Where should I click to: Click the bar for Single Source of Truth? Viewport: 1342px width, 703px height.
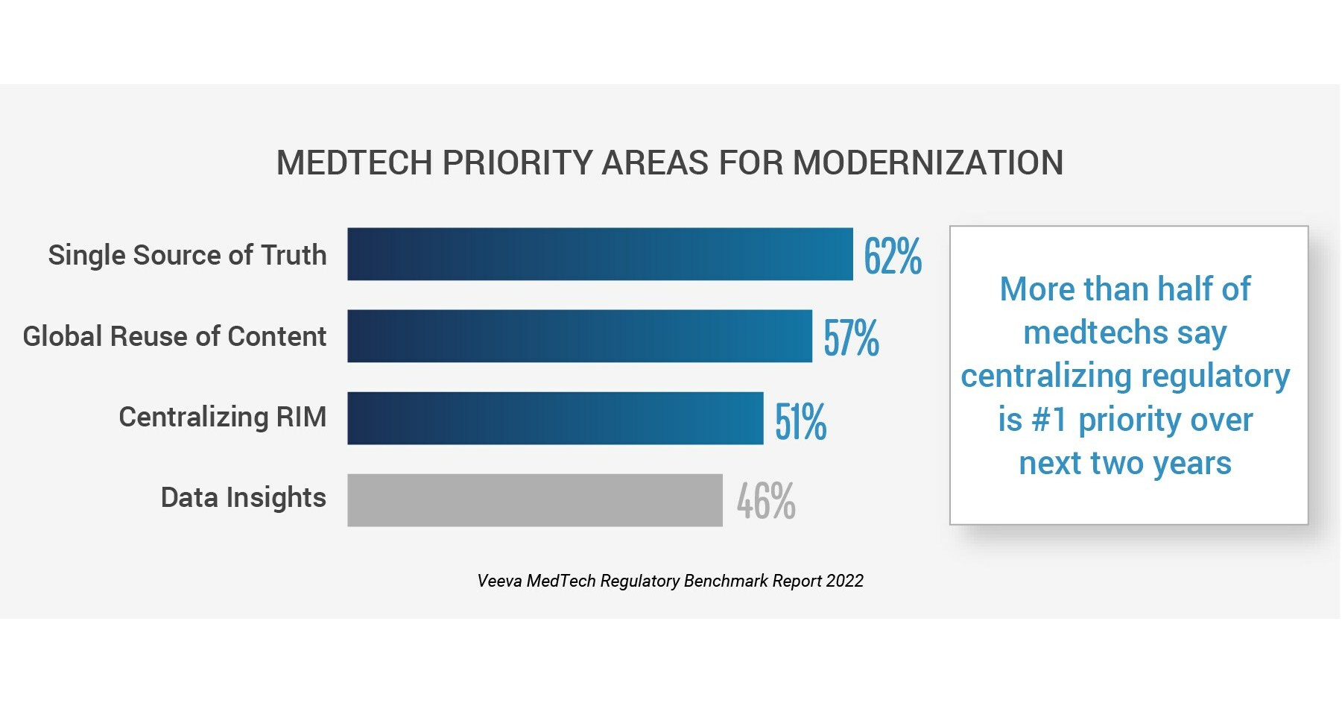coord(600,254)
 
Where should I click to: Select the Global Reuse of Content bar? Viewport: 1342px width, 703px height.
coord(580,336)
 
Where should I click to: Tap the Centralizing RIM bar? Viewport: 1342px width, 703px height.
coord(555,418)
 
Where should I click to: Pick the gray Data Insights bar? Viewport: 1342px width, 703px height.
coord(534,500)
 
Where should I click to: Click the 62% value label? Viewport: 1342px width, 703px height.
coord(892,256)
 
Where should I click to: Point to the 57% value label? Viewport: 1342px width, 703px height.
coord(851,338)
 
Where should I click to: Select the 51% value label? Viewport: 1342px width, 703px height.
coord(800,421)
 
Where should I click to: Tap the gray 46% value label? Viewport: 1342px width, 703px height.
coord(766,501)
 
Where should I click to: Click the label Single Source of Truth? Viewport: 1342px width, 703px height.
coord(187,255)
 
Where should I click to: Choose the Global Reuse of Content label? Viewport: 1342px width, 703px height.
coord(174,336)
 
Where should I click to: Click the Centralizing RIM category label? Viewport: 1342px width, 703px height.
coord(222,417)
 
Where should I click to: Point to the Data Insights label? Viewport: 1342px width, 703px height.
coord(243,498)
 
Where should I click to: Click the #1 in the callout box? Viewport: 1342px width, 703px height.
coord(1049,420)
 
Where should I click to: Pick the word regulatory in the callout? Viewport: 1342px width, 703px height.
coord(1215,376)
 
